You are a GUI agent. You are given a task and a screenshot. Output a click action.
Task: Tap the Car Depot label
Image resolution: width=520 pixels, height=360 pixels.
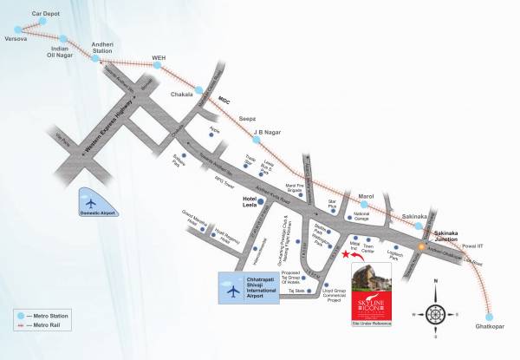[x=26, y=14]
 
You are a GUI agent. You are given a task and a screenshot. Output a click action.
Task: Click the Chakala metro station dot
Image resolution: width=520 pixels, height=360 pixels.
[x=199, y=89]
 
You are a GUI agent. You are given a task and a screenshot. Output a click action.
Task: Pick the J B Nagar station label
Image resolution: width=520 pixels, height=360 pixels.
[x=268, y=133]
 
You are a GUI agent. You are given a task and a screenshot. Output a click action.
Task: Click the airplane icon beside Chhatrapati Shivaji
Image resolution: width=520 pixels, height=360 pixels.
[x=232, y=291]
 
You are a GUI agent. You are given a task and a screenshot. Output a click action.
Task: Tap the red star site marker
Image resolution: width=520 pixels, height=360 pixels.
[x=348, y=256]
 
